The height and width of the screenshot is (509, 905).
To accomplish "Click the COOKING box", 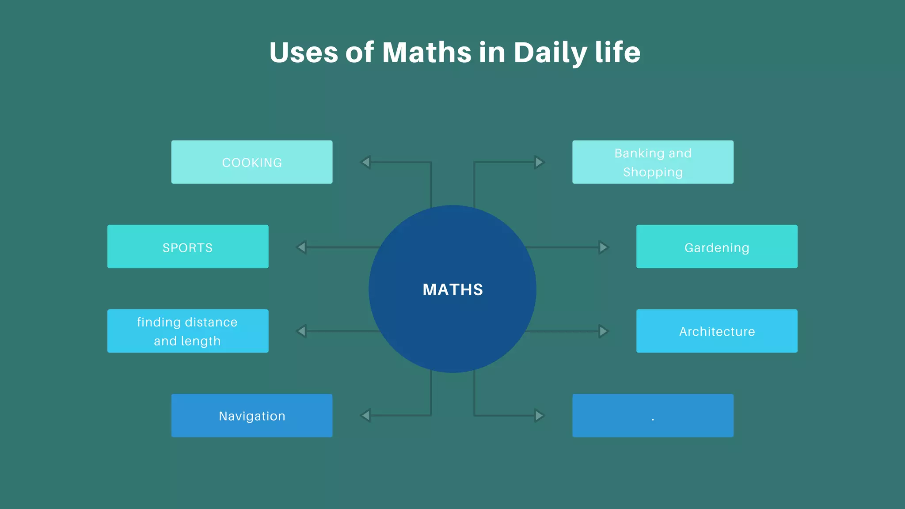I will tap(252, 162).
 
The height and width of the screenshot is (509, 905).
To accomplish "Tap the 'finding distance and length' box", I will tap(188, 331).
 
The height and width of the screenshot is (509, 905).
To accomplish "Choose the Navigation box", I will tap(252, 415).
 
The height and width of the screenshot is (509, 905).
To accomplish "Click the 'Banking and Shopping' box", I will tap(653, 162).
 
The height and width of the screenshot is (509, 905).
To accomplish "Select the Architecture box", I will tap(717, 331).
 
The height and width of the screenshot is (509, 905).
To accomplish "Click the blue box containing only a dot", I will tap(653, 415).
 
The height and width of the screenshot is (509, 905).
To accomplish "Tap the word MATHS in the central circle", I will tap(452, 289).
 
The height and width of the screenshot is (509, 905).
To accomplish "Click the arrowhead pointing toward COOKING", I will tap(366, 162).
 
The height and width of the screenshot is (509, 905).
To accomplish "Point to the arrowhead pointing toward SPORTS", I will tap(302, 247).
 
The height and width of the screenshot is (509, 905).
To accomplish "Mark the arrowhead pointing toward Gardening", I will tap(603, 247).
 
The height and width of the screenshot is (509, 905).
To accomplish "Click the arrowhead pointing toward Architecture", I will tap(603, 331).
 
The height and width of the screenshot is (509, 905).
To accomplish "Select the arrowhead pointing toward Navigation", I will tap(366, 415).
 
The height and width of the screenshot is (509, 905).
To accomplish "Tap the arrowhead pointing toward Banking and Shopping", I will tap(539, 162).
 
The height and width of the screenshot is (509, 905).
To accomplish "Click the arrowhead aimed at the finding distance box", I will tap(302, 331).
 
